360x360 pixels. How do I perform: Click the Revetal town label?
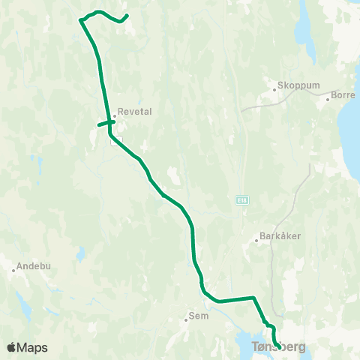pos(135,111)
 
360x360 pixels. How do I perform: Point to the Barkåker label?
pos(282,235)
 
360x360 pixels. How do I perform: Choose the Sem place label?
pos(199,316)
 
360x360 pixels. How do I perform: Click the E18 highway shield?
pos(242,199)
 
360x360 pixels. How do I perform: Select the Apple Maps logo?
pos(27,347)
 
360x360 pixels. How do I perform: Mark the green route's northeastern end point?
pos(127,16)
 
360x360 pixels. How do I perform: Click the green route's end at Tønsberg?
pos(278,346)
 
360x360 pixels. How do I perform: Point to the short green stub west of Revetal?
pos(102,124)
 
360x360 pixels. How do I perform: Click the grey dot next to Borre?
pos(328,100)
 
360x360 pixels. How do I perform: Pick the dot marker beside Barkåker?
pos(258,241)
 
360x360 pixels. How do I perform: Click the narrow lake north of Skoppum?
pos(303,28)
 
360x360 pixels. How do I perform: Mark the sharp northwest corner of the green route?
pos(80,20)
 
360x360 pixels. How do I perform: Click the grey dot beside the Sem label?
pos(186,320)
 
